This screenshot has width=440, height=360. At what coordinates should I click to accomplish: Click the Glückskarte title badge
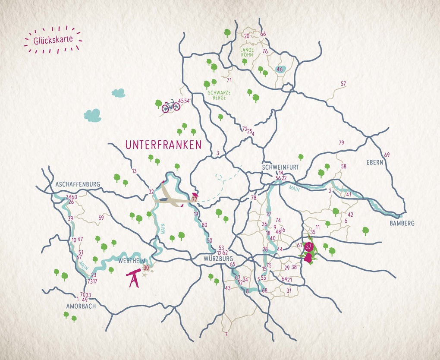click(53, 40)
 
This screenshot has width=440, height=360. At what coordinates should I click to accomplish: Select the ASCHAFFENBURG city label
click(78, 184)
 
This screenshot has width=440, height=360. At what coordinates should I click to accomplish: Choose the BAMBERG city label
click(402, 223)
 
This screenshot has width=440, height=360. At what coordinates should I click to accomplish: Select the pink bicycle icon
click(171, 106)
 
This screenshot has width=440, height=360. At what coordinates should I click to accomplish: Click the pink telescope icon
click(133, 278)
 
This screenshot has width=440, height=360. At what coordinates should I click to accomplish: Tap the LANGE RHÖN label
click(247, 52)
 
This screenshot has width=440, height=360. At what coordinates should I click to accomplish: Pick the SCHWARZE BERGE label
click(219, 95)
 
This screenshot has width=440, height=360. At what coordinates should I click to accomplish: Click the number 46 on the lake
click(280, 69)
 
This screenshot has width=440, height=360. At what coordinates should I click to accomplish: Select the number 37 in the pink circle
click(308, 247)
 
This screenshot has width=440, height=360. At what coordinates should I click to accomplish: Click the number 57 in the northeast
click(343, 84)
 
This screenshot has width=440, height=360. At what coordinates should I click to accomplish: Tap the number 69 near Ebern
click(387, 155)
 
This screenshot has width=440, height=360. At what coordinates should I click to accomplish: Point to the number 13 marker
click(134, 171)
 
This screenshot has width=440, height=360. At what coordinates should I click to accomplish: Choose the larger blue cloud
click(92, 115)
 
